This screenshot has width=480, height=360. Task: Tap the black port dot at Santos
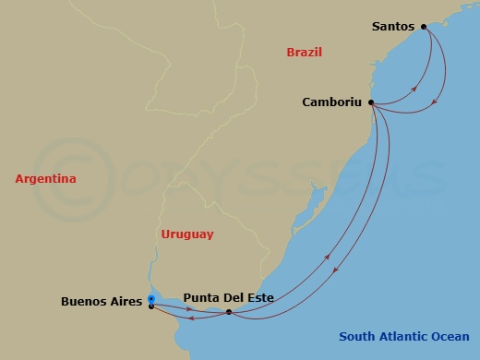pos(424,27)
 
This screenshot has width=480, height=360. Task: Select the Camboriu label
pos(332,102)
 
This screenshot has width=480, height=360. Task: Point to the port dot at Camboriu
pos(371,102)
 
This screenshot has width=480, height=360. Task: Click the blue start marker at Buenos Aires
pos(150,298)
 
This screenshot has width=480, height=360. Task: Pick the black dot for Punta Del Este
pos(228,312)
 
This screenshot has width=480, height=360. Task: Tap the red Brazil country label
pos(304,53)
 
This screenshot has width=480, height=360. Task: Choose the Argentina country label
pos(45,178)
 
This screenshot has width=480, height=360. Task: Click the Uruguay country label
pos(186,234)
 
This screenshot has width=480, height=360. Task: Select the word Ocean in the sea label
pos(449,337)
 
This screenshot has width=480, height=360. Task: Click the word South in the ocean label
pos(356,337)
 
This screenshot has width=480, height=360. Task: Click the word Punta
pos(201,297)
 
